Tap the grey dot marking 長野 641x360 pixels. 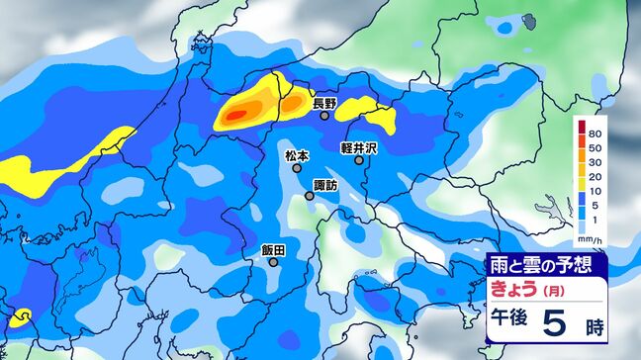[324, 116]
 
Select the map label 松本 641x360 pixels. [297, 155]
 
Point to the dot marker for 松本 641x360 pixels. [298, 168]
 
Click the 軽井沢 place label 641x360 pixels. [360, 147]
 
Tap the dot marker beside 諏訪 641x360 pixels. [310, 196]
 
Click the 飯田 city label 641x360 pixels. [273, 250]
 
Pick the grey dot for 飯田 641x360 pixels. [273, 263]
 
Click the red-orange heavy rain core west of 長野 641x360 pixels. [235, 116]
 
